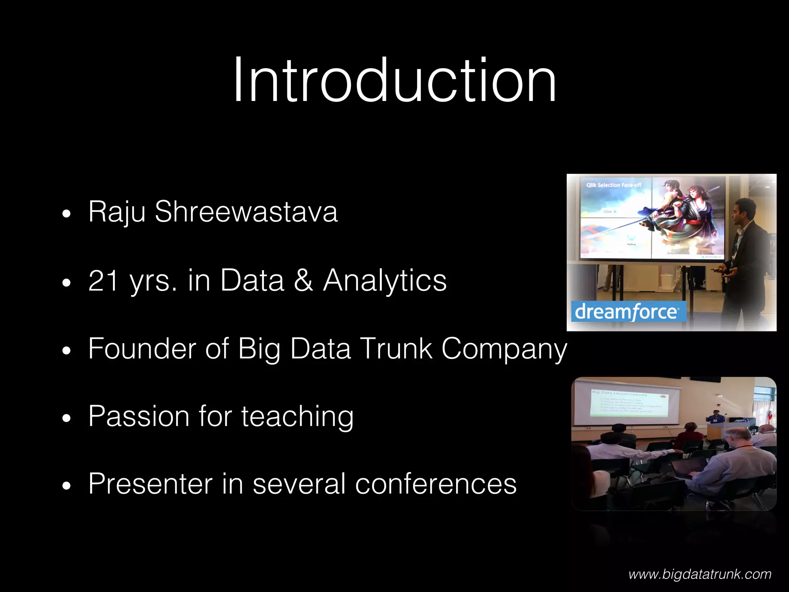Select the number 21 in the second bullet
103,280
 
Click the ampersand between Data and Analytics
304,280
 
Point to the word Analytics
385,280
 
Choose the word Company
504,349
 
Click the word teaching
297,417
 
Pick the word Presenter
150,484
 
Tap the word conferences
436,484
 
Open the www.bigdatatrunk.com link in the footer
700,575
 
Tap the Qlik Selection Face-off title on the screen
614,185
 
